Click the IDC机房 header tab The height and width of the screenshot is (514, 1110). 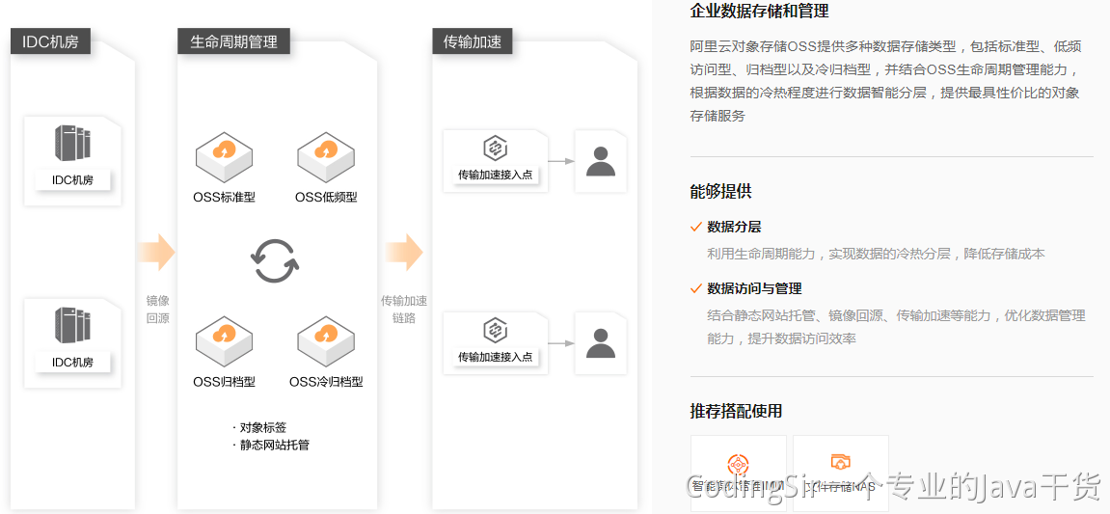point(50,41)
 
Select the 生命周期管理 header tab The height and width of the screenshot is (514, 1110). point(233,41)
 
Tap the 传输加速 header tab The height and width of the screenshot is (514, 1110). point(473,41)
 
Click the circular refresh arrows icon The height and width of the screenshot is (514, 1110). point(275,259)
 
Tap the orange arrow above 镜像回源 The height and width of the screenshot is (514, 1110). point(156,252)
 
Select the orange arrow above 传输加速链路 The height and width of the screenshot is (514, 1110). point(404,252)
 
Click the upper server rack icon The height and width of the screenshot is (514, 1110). point(72,144)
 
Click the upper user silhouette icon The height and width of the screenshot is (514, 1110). point(600,161)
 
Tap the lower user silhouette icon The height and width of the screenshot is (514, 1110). point(600,343)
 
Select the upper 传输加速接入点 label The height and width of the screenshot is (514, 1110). point(495,175)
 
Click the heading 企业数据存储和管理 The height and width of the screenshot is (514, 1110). point(759,12)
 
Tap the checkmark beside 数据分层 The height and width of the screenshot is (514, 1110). point(696,227)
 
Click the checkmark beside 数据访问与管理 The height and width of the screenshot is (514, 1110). point(696,288)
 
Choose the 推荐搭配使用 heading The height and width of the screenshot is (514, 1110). point(736,411)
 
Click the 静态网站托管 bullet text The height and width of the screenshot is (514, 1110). point(275,445)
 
